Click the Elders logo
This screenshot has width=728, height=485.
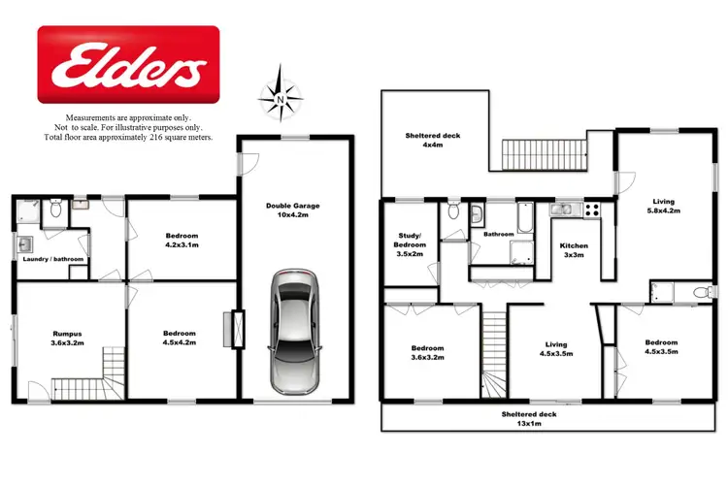tap(127, 65)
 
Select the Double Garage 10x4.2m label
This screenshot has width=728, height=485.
tap(292, 211)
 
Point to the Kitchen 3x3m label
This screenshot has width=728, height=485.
tap(575, 251)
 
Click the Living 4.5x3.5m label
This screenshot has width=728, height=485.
tap(556, 349)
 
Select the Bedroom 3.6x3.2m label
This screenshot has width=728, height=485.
tap(427, 354)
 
